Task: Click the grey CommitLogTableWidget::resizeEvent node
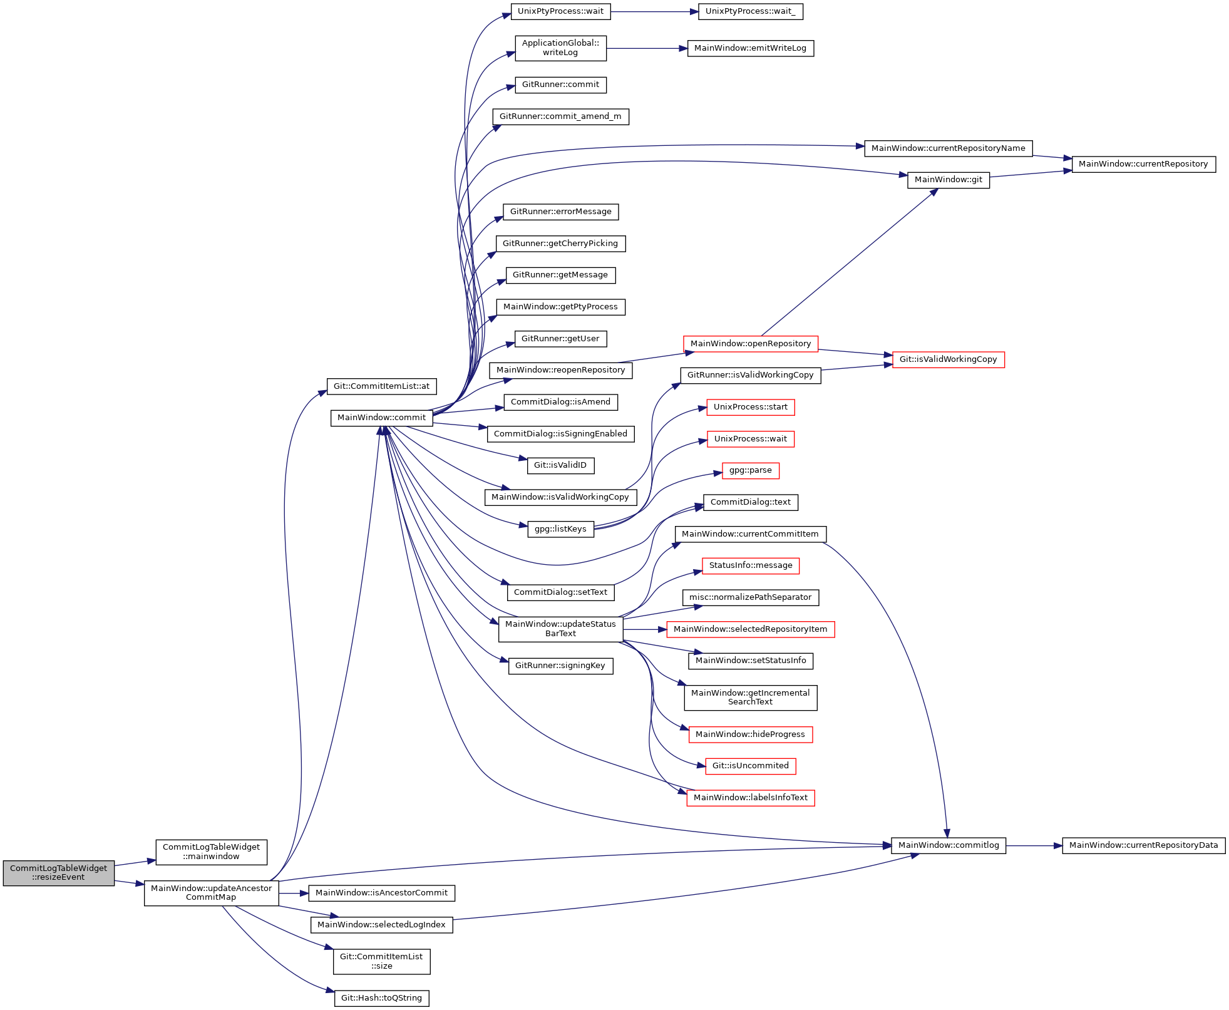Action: point(59,873)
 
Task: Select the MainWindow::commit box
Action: point(381,418)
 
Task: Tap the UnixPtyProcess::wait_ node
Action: point(750,11)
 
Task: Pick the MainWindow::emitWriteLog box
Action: point(750,48)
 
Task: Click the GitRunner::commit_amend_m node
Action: point(560,116)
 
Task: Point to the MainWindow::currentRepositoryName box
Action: point(948,148)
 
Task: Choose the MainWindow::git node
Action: point(948,180)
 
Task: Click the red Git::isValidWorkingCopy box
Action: point(948,359)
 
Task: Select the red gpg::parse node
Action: point(750,470)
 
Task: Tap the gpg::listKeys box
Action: point(560,529)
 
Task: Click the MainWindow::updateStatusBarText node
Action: point(560,629)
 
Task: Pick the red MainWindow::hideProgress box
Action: point(750,734)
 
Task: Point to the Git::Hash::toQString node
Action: point(381,998)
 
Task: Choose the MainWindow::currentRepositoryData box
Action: point(1143,845)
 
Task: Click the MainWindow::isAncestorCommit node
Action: point(381,893)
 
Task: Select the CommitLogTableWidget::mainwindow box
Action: point(211,852)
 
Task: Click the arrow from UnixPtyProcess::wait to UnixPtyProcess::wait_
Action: point(655,11)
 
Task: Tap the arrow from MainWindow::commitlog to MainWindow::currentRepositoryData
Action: point(1034,845)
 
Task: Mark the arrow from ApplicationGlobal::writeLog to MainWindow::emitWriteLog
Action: point(647,48)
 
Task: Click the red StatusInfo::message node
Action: point(750,565)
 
